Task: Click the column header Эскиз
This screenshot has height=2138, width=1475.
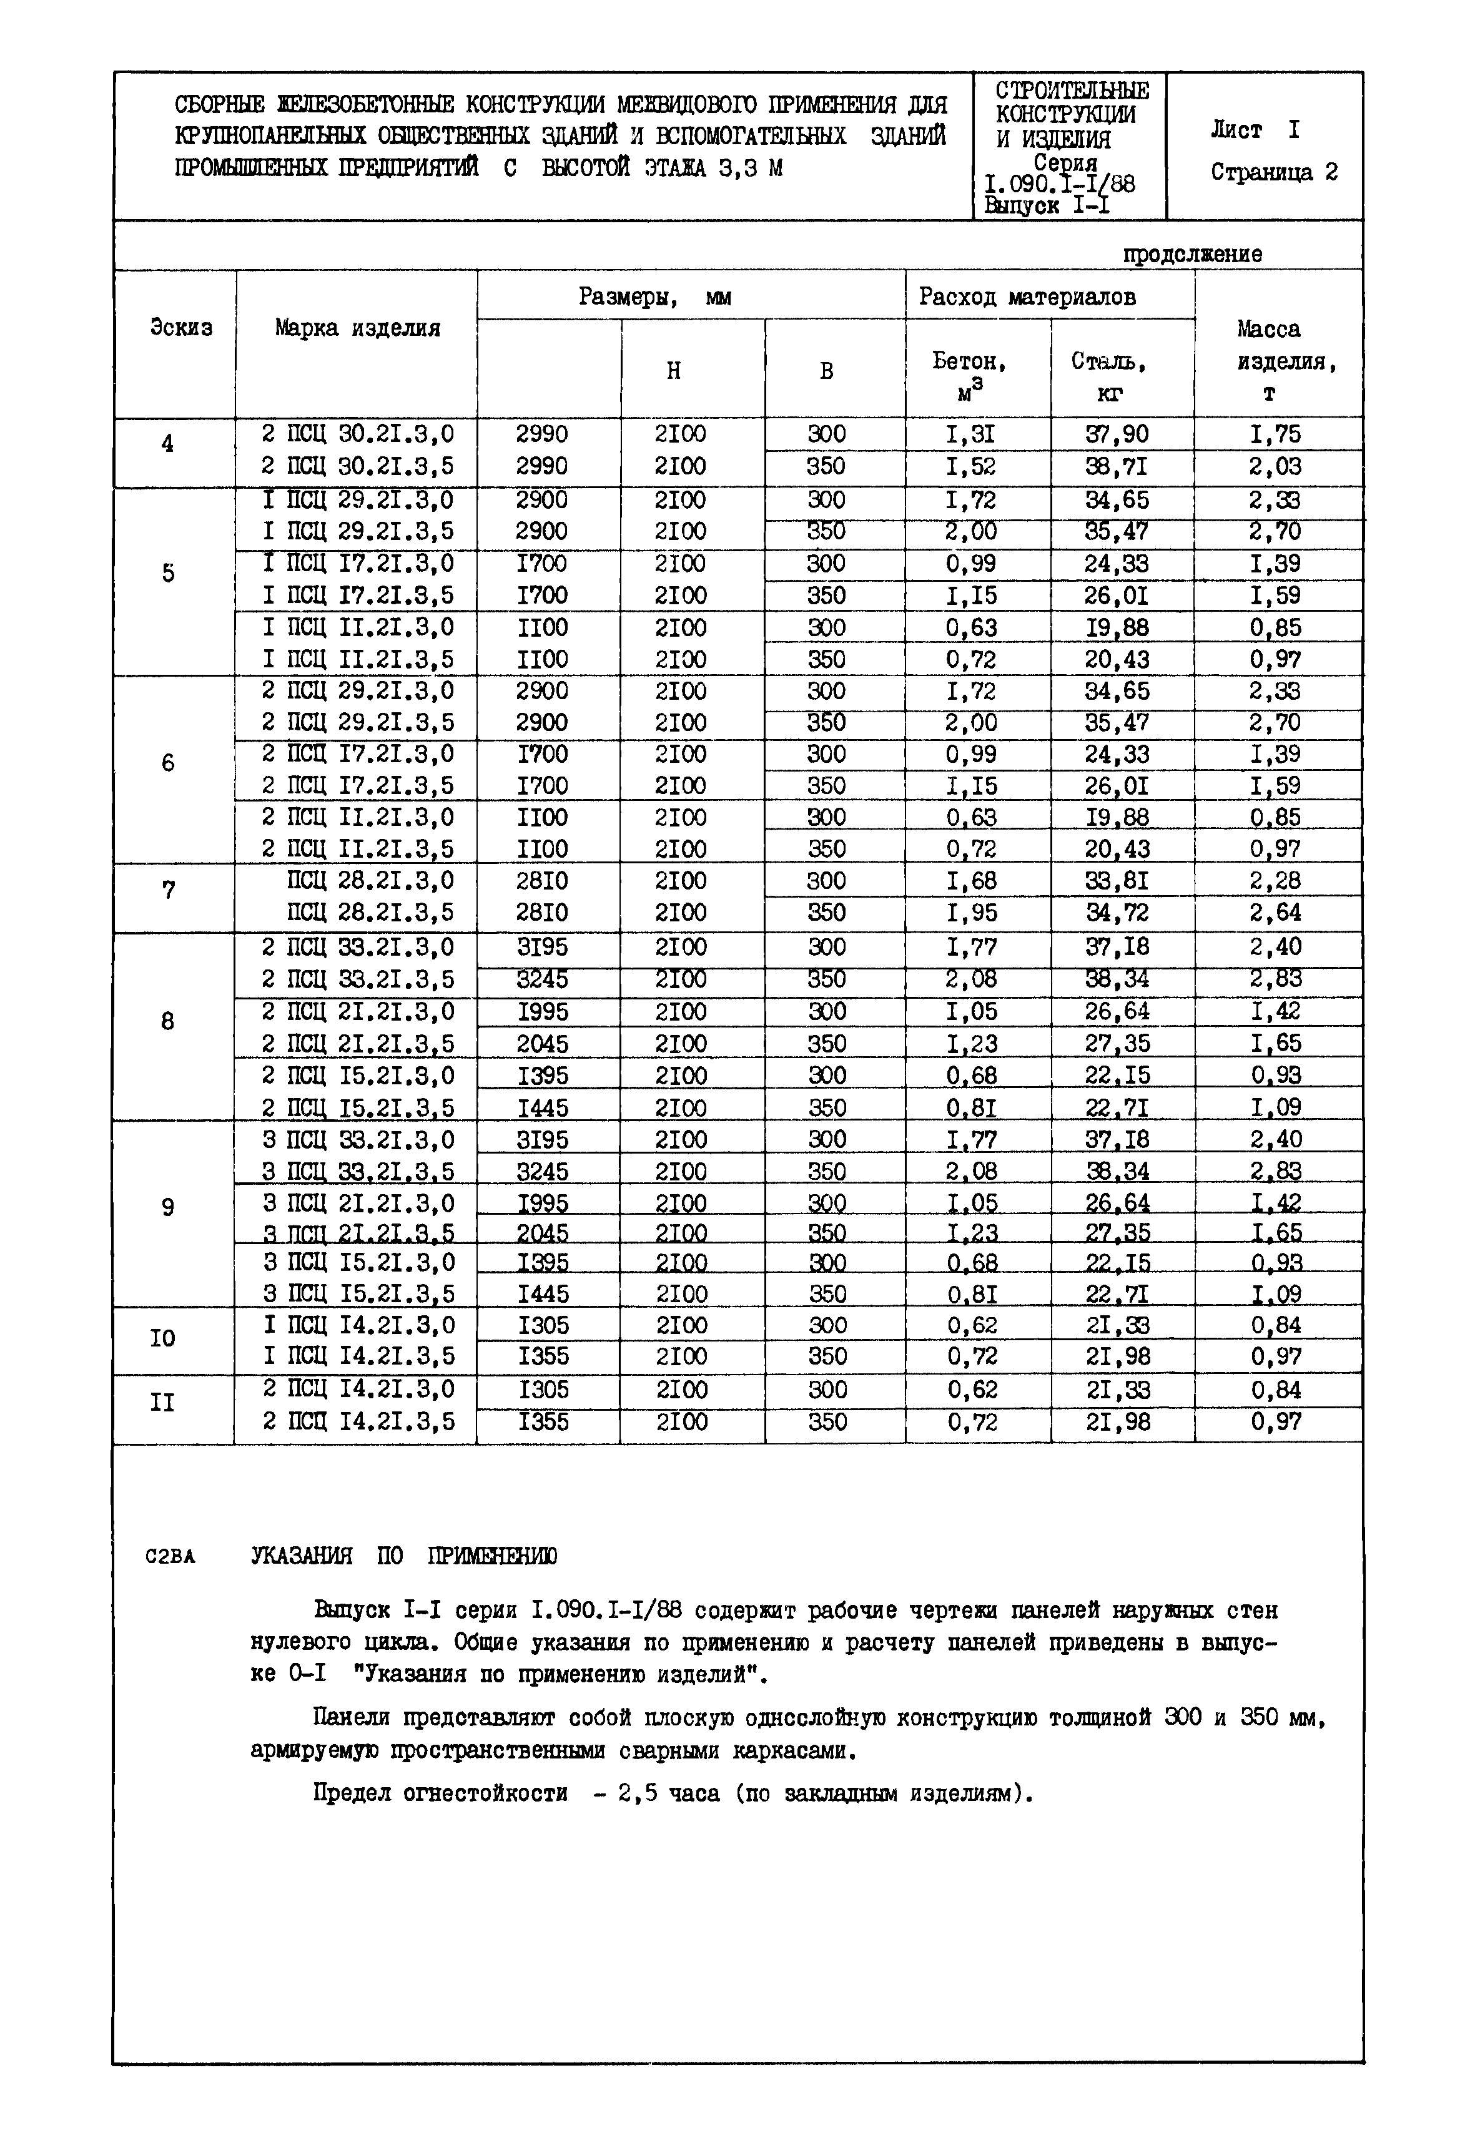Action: [180, 328]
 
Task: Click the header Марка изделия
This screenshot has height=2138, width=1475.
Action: [358, 328]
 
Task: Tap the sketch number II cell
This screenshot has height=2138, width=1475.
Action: [162, 1403]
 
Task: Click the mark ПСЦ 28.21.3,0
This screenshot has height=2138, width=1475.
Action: [370, 881]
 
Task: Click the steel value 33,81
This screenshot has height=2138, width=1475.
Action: [1117, 881]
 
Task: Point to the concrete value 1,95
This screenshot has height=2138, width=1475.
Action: [970, 913]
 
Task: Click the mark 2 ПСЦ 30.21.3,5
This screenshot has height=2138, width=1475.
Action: [358, 466]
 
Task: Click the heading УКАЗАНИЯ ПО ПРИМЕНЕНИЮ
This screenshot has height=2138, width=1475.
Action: [404, 1557]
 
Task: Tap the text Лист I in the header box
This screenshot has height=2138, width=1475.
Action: [1254, 130]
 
